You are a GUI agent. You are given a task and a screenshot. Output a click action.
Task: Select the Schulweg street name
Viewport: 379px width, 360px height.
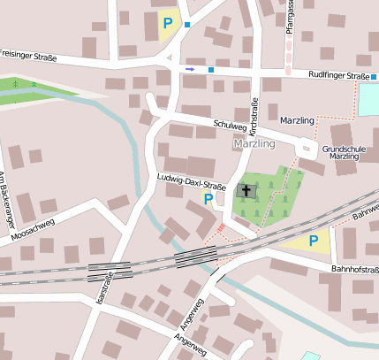tap(229, 126)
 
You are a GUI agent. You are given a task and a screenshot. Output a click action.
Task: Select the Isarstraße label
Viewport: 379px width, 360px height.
tap(105, 289)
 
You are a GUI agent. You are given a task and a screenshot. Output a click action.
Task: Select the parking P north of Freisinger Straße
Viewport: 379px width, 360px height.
tap(166, 23)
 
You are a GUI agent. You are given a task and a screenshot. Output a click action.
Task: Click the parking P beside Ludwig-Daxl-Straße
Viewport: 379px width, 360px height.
tap(208, 200)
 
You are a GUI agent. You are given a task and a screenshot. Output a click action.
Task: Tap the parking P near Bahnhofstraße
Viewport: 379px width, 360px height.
tap(313, 240)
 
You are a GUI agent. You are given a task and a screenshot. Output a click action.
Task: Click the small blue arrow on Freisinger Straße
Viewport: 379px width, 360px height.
tap(190, 68)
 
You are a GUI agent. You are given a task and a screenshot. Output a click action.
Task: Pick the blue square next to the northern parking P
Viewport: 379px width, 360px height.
tap(187, 25)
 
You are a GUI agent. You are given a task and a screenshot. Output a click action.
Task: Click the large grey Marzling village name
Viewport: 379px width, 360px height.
tap(254, 143)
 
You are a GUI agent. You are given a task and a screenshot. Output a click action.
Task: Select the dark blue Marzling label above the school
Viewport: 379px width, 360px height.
tap(297, 119)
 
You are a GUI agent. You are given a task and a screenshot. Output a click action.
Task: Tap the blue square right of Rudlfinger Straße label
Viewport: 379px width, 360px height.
tap(375, 77)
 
